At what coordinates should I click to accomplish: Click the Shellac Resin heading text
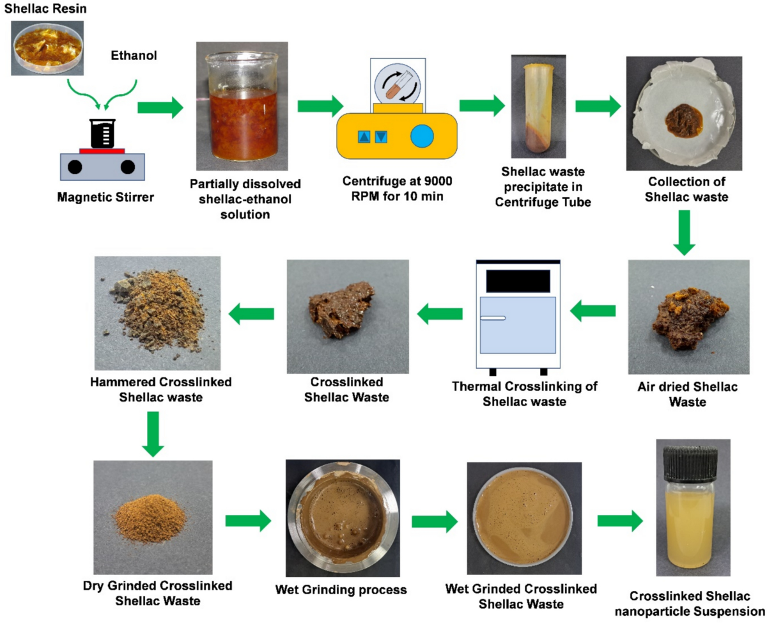45,9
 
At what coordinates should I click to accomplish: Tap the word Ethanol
134,56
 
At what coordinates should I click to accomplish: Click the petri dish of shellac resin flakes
47,48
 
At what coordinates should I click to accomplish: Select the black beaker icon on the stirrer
103,134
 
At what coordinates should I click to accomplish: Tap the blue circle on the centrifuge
422,136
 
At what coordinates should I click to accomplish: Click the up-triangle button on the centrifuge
364,137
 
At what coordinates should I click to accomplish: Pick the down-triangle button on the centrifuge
381,137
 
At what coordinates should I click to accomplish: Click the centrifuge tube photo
538,106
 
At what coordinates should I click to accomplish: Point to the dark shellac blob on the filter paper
683,121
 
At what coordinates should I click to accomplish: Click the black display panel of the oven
518,281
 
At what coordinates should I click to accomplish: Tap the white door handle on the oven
493,318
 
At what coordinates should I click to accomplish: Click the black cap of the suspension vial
690,464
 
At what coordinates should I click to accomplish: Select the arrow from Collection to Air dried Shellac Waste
684,233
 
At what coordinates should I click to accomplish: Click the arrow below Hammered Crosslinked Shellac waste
153,434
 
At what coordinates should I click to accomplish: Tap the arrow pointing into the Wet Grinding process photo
248,521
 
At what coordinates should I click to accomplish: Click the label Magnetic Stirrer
105,197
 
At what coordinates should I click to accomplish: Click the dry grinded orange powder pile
150,519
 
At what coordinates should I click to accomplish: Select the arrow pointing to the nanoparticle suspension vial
620,521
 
